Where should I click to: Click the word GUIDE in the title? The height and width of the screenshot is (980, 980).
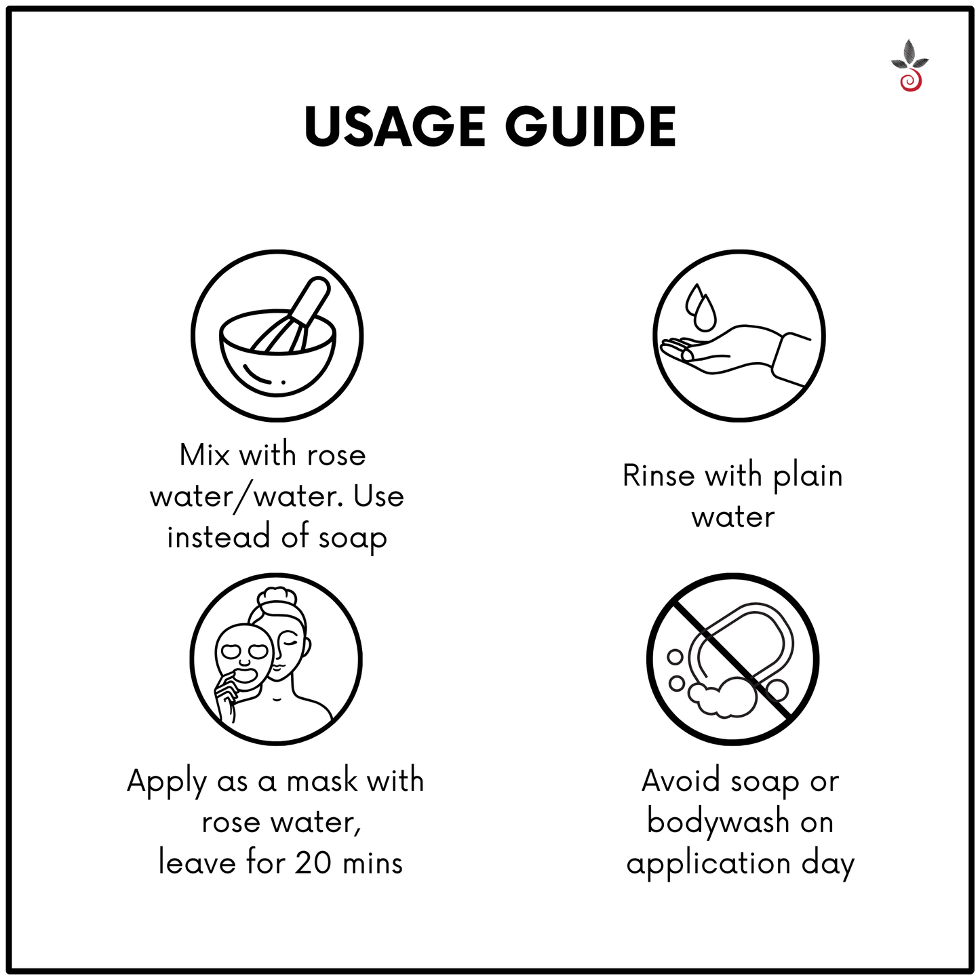(590, 127)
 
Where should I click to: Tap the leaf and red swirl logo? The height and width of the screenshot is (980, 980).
(909, 66)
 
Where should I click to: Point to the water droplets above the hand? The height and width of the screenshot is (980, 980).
(701, 307)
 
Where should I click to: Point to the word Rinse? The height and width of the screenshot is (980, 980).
(659, 475)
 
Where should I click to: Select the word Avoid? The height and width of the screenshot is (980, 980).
(681, 781)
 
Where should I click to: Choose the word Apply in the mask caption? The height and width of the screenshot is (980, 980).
(166, 782)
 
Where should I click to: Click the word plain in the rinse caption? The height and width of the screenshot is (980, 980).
(808, 477)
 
